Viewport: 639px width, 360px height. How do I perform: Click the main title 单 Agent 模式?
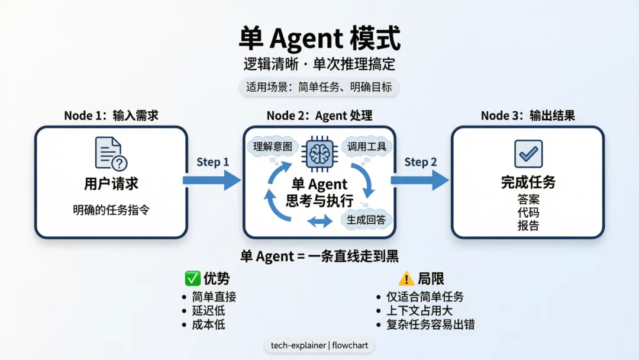319,39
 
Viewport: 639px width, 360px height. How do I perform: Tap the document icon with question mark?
111,153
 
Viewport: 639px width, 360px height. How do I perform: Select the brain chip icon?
319,153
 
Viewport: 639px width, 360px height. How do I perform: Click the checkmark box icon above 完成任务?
528,154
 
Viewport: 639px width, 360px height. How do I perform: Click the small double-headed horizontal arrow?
320,221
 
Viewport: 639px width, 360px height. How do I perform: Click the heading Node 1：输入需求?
111,115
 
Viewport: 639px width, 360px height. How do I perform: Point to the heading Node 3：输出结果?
528,115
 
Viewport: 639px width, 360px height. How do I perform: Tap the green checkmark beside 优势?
192,278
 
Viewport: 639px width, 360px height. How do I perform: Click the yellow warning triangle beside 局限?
406,278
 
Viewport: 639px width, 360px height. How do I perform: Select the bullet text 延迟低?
208,310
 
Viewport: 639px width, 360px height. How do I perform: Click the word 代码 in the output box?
528,213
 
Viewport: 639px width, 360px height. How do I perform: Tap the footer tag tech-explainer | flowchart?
319,345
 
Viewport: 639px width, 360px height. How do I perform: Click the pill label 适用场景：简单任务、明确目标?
319,87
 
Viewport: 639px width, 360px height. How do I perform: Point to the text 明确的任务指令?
111,210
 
